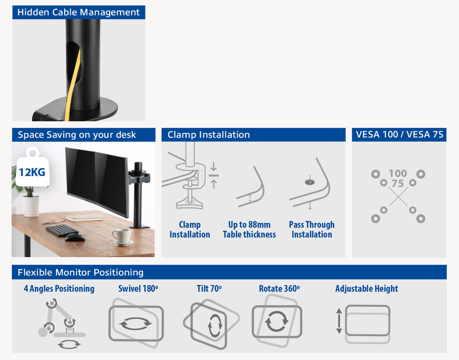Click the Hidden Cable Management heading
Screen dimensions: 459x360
[78, 12]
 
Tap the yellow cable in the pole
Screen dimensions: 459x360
[73, 85]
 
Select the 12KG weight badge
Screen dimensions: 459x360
[32, 168]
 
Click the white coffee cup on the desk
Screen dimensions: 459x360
[122, 236]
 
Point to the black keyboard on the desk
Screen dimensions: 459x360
[62, 230]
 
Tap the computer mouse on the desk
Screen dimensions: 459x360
[75, 237]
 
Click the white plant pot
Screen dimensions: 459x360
[30, 206]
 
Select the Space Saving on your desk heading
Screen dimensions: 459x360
[77, 135]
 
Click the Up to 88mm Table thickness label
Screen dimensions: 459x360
[249, 229]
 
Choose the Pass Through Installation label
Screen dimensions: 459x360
[312, 229]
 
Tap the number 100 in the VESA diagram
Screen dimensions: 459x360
[398, 173]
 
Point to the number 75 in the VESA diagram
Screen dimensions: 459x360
[398, 183]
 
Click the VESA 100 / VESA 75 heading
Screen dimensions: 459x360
[400, 135]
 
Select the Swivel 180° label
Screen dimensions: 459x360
[138, 288]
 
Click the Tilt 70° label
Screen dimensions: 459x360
[209, 288]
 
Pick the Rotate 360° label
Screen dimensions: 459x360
[279, 288]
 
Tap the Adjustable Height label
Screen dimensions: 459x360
[366, 288]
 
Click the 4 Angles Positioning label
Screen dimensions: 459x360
[59, 288]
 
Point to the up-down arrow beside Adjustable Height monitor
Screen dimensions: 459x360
[339, 321]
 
